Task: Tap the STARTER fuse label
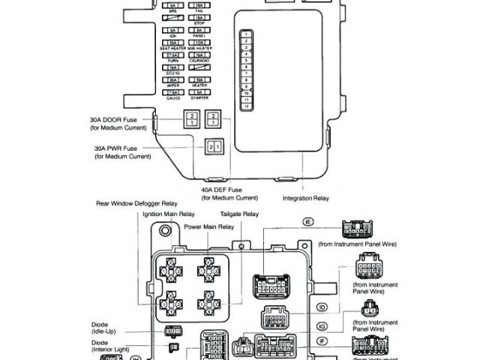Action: click(199, 97)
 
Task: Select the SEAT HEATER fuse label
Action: click(173, 48)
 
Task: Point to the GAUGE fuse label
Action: click(173, 97)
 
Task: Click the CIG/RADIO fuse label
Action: click(199, 60)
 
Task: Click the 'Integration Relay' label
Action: click(305, 198)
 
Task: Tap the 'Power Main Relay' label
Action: click(211, 226)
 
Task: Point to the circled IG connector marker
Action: click(322, 326)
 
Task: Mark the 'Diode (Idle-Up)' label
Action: click(104, 329)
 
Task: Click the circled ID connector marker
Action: click(322, 307)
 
